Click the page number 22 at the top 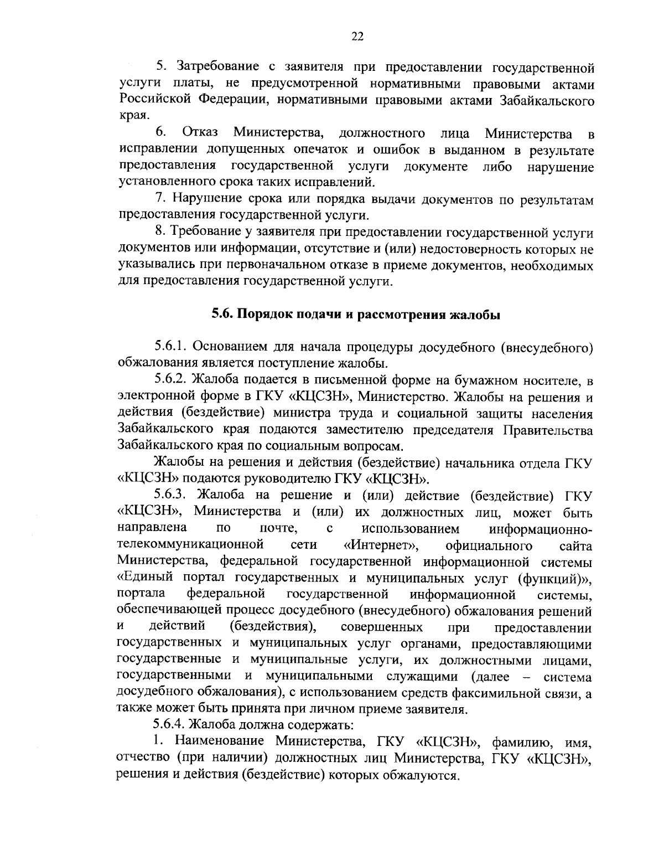(x=357, y=36)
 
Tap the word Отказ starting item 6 (x=200, y=133)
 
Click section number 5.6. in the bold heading (x=224, y=315)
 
